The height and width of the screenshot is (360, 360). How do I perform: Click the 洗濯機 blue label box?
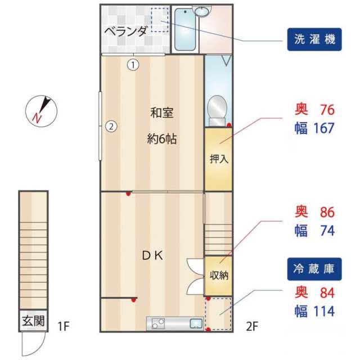[314, 39]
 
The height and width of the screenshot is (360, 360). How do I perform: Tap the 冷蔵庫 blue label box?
[314, 269]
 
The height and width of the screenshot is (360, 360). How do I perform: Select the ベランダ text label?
[126, 31]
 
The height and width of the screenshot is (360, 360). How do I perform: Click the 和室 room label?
[161, 113]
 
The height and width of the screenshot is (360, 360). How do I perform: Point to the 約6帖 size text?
[161, 139]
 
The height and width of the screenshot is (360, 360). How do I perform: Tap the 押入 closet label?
[218, 159]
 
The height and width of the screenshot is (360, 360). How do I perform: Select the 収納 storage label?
[218, 276]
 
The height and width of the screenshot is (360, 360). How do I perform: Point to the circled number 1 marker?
[133, 64]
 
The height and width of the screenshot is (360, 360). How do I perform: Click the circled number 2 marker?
[111, 126]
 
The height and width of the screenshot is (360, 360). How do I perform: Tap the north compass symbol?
[41, 111]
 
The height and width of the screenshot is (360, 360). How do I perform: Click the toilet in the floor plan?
[217, 109]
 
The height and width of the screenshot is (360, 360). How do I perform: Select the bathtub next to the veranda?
[186, 29]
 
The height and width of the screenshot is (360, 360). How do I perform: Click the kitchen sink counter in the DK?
[175, 323]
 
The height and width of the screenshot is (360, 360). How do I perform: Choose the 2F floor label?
[251, 325]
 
